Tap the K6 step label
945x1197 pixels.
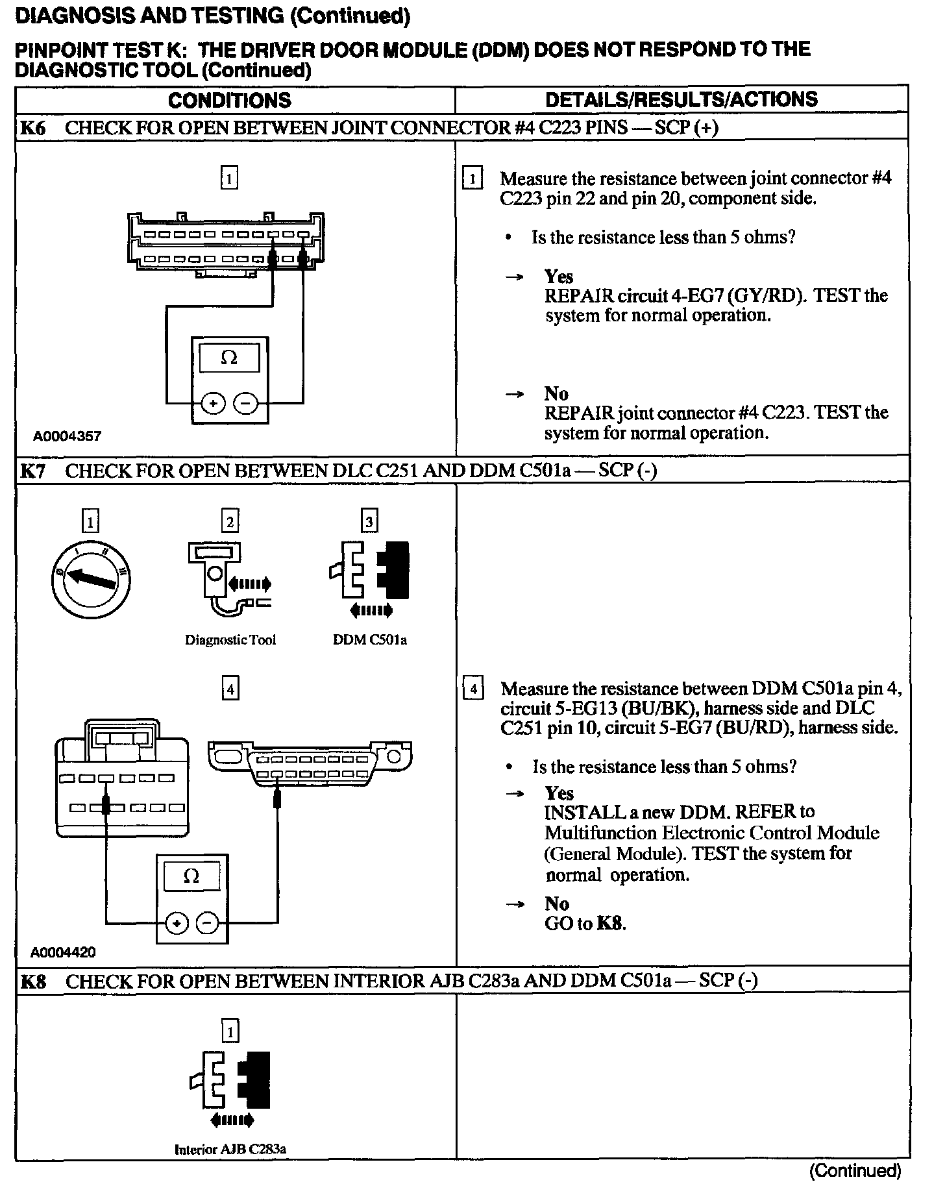tap(33, 128)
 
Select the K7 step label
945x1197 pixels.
tap(33, 471)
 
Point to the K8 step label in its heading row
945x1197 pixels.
tap(33, 981)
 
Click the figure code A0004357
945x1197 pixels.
tap(67, 436)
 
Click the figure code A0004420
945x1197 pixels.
tap(63, 952)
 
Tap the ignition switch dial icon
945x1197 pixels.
tap(91, 577)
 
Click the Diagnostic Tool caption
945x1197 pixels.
tap(230, 640)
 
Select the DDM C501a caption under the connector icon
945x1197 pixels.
tap(370, 640)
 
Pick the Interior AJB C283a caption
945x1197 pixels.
tap(230, 1149)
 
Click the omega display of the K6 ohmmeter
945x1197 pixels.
tap(229, 358)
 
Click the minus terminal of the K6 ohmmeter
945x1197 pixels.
tap(245, 403)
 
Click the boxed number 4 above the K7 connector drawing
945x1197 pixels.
tap(230, 688)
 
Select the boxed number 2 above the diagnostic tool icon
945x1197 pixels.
tap(230, 522)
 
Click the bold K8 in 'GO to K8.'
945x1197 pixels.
tap(609, 924)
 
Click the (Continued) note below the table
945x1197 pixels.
tap(855, 1170)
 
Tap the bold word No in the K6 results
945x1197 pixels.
tap(556, 393)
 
